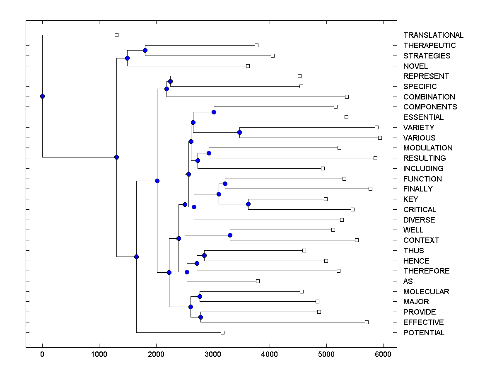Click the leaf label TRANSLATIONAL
pos(433,35)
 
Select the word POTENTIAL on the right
pos(424,333)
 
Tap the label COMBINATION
pos(429,97)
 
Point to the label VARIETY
pos(419,128)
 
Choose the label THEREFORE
pos(426,271)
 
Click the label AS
pos(408,281)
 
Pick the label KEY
pos(410,199)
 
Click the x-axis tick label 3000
pos(213,354)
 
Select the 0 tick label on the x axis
pos(42,354)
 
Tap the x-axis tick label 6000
pos(383,354)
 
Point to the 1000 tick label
pos(99,354)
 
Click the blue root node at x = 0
pos(42,96)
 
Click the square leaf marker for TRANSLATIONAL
pos(116,35)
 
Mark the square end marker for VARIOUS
pos(380,138)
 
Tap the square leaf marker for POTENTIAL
pos(222,332)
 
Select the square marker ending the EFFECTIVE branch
pos(367,322)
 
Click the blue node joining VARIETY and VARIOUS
pos(239,132)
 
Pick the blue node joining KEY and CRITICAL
pos(248,204)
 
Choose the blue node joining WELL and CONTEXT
pos(230,235)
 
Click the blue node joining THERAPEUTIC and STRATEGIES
pos(145,50)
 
